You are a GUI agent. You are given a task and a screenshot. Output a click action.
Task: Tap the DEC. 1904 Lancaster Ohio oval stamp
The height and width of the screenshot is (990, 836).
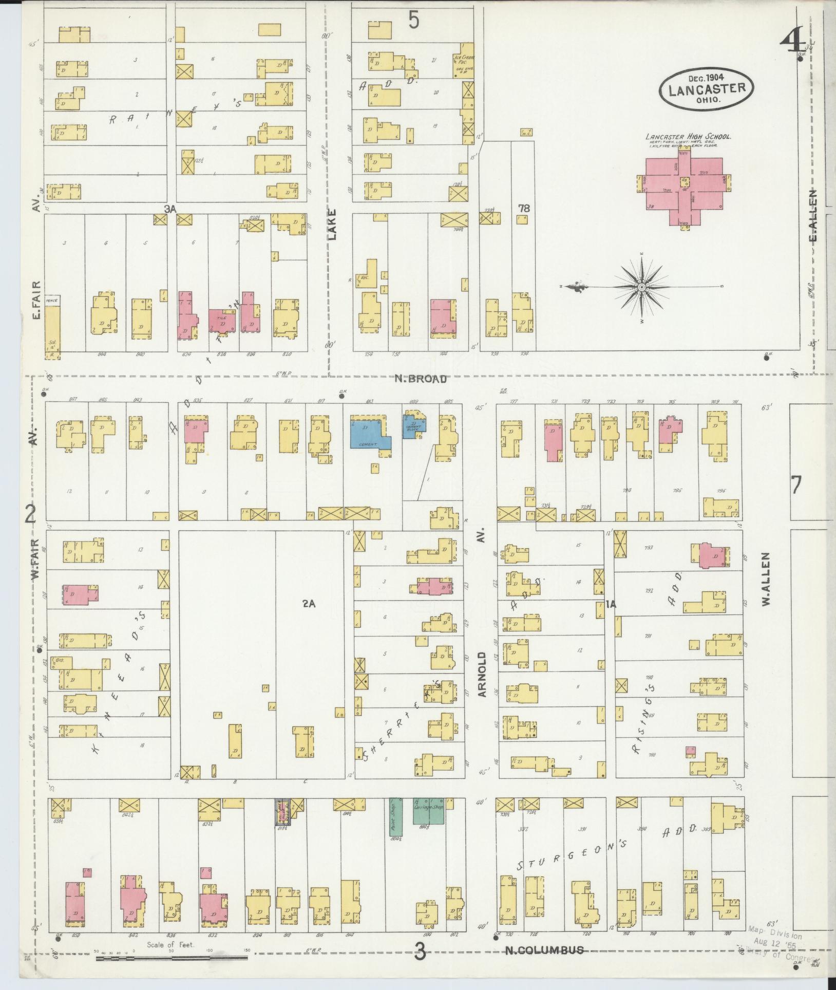707,88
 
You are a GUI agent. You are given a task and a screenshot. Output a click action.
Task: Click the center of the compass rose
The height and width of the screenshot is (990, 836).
641,287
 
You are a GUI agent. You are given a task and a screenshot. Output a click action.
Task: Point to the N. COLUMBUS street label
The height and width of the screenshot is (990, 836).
544,950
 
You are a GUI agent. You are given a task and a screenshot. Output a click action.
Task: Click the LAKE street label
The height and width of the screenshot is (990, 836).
332,225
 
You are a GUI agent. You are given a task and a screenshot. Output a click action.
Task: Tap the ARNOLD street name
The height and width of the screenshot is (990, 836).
482,674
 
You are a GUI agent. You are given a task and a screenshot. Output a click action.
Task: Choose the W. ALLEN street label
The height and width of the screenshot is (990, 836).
766,579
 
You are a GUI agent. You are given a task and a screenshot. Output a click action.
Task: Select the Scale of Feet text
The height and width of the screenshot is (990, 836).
170,944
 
